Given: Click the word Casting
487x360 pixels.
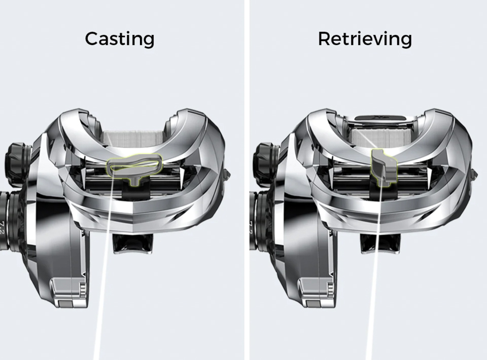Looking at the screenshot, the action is pos(120,40).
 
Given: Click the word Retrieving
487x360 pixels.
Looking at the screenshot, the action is pos(365,40).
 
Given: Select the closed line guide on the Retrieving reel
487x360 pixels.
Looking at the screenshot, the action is pos(384,168).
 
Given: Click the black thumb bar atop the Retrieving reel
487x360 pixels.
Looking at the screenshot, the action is pos(380,118).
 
